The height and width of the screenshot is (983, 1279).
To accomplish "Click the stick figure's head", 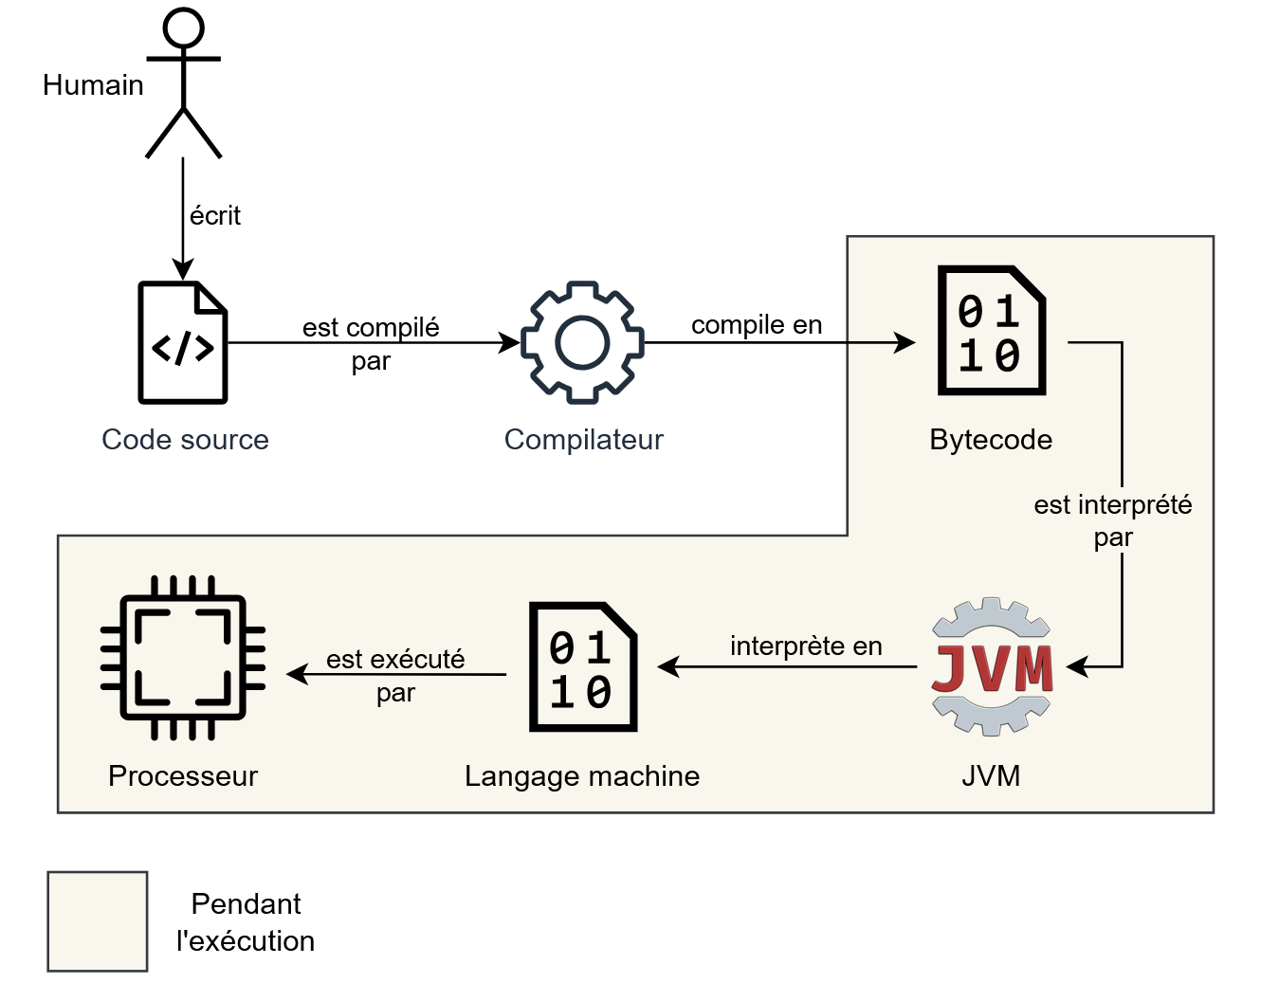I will coord(183,27).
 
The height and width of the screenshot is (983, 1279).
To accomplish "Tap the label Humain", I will coord(93,85).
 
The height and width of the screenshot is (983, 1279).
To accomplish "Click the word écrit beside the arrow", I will coord(215,216).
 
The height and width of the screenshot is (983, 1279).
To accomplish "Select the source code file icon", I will coord(183,342).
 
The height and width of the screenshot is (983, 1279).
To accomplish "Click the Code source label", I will coord(185,440).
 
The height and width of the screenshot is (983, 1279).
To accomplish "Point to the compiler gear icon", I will coord(582,342).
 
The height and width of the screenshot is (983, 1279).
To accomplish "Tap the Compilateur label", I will coord(583,440).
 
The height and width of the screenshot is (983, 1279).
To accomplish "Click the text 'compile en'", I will coord(756,325).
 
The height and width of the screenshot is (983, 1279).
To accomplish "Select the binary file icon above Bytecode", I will coord(991,331).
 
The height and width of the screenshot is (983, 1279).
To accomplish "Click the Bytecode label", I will coord(991,440).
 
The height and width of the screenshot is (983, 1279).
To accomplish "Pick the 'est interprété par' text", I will coord(1112,520).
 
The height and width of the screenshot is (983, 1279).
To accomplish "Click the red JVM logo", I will coord(992,666).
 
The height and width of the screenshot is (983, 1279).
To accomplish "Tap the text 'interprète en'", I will coord(806,646).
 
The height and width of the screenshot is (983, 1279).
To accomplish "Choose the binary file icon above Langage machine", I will coord(582,666).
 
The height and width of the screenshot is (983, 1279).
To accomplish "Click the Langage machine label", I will coord(582,776).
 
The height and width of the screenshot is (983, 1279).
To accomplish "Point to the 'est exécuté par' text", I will coord(395,675).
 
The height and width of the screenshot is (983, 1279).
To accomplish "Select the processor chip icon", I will coord(183,657).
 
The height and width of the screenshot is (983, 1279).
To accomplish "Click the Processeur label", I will coord(183,776).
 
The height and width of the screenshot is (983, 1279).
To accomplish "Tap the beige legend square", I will coord(98,921).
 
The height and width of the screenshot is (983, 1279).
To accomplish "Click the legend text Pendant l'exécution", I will coord(246,922).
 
